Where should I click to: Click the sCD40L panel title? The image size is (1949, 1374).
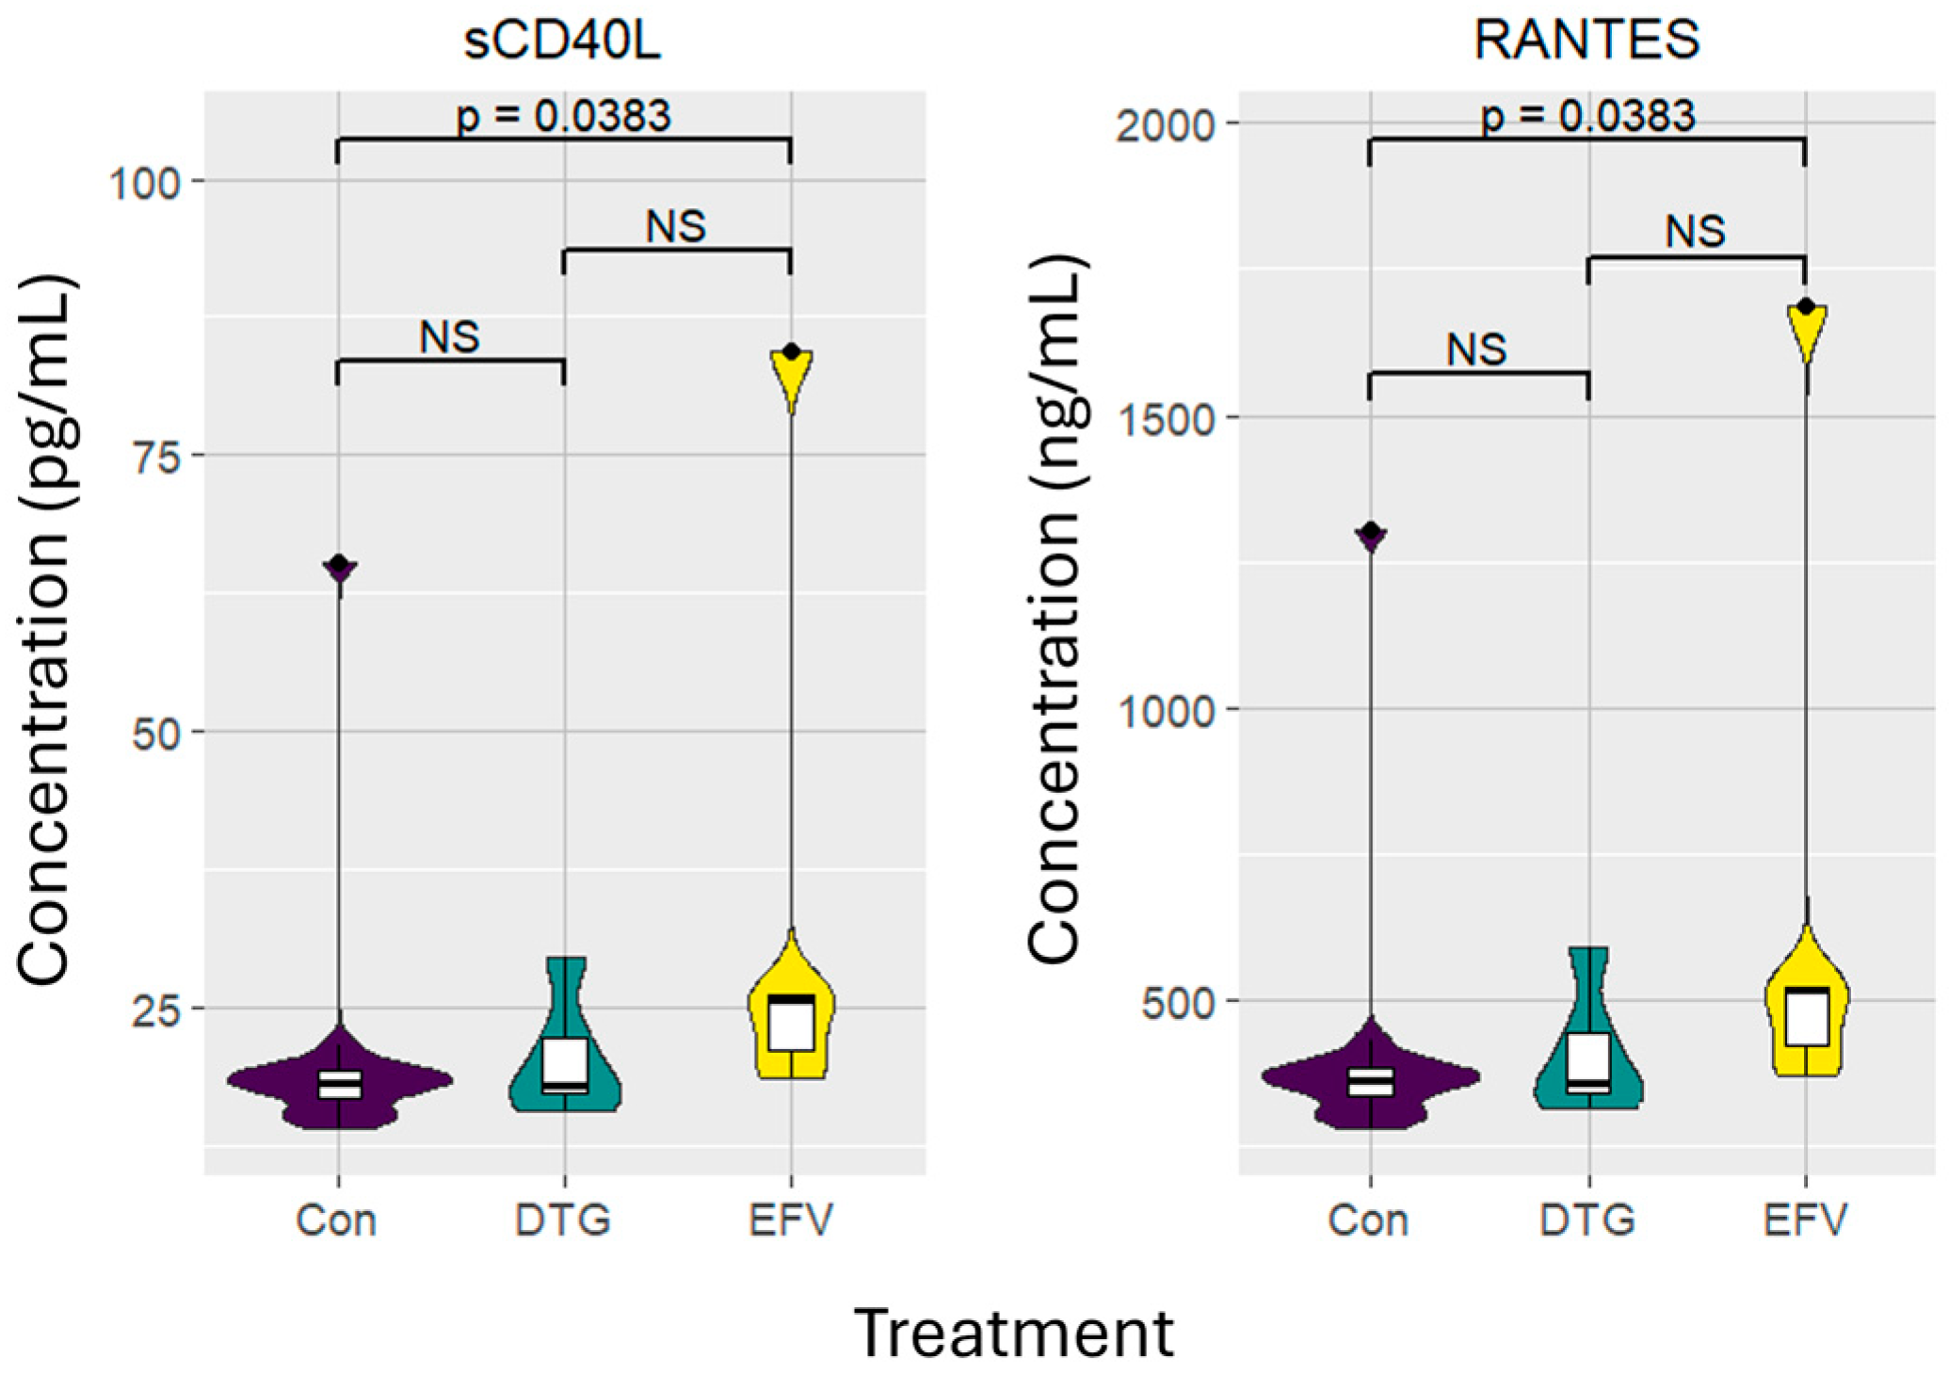click(562, 40)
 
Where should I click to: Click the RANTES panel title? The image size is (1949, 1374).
click(1587, 40)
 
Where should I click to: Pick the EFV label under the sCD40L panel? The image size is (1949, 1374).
click(791, 1220)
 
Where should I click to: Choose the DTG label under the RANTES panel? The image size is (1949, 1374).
click(1587, 1220)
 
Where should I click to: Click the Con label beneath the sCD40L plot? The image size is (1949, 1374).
click(336, 1220)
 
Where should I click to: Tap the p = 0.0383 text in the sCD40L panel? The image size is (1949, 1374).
click(563, 117)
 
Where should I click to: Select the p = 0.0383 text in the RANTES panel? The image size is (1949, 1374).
click(1587, 117)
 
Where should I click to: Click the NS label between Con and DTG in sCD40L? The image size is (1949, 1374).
click(449, 337)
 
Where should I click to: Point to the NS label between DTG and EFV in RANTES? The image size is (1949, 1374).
click(1695, 232)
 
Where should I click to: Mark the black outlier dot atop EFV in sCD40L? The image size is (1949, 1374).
click(791, 352)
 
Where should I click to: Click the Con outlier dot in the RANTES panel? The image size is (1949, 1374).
click(1371, 533)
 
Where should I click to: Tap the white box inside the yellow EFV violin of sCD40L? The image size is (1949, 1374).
click(791, 1022)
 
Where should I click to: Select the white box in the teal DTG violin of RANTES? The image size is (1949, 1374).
click(1588, 1062)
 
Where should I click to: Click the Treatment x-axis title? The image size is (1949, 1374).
click(1014, 1334)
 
